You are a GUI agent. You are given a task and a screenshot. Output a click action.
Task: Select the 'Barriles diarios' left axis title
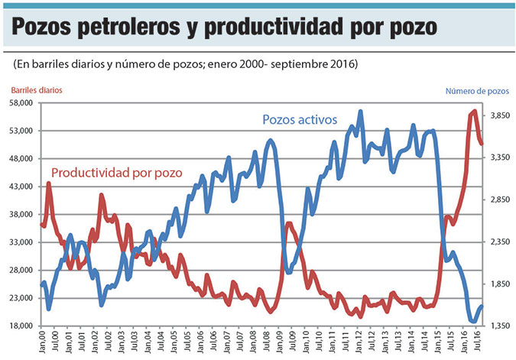click(x=37, y=90)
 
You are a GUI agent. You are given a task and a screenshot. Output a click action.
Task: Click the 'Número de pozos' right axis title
click(x=476, y=91)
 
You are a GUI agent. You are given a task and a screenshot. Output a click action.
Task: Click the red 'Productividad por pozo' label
click(x=117, y=173)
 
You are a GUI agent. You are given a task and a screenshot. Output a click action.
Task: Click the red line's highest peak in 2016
click(x=475, y=111)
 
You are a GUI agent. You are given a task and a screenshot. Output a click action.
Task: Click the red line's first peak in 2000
click(x=49, y=183)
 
